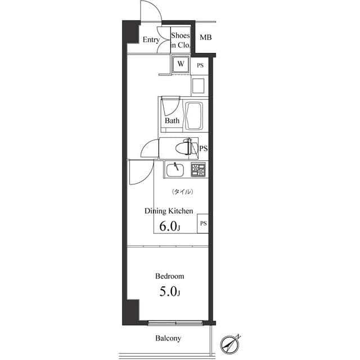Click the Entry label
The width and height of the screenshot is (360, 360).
pos(150,40)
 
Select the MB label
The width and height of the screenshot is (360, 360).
pos(206,38)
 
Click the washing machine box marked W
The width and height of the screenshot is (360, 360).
pos(181,64)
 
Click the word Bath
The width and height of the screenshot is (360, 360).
pos(172,120)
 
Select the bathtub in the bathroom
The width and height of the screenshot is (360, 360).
pos(194,115)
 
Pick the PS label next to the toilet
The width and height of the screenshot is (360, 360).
pos(203,148)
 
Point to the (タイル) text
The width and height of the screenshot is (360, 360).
pos(182,192)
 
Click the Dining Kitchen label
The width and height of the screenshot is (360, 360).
pos(169,211)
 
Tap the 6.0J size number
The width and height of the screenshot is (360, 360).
pos(170,227)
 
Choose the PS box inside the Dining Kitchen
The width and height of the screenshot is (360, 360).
pos(203,223)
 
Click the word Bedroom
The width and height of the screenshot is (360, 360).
pos(169,276)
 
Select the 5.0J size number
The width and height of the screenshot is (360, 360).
pos(169,292)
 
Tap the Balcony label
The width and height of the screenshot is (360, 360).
pos(168,339)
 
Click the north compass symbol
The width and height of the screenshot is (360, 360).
pos(231,344)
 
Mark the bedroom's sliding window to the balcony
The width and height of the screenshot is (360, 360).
pos(175,323)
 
